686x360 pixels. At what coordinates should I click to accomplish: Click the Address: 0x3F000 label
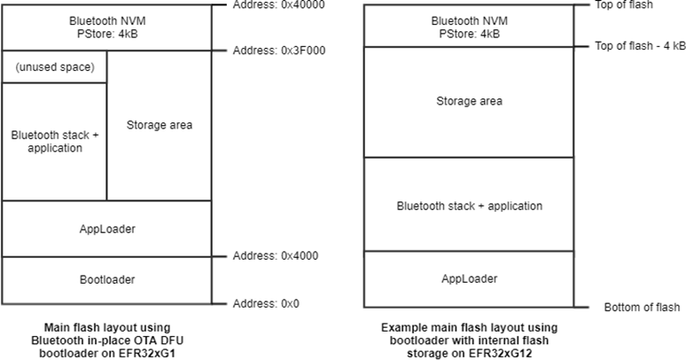point(279,51)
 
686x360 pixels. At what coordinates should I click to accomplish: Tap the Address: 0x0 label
point(266,303)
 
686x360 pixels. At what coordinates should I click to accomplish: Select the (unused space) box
point(55,67)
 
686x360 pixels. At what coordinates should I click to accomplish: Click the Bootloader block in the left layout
point(107,280)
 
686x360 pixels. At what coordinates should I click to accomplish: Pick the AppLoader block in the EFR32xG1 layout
point(107,229)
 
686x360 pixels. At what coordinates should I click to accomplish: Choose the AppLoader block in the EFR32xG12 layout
point(469,279)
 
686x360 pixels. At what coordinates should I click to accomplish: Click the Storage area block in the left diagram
point(159,125)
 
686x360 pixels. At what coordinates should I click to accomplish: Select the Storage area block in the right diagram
point(469,101)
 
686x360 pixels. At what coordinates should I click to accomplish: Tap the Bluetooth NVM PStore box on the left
point(107,26)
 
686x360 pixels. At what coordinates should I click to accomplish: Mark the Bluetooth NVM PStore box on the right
point(469,26)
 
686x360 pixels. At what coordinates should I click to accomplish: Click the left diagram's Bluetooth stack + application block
point(55,141)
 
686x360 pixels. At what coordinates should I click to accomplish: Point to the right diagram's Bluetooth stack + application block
point(469,206)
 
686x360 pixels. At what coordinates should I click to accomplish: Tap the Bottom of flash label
point(642,307)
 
